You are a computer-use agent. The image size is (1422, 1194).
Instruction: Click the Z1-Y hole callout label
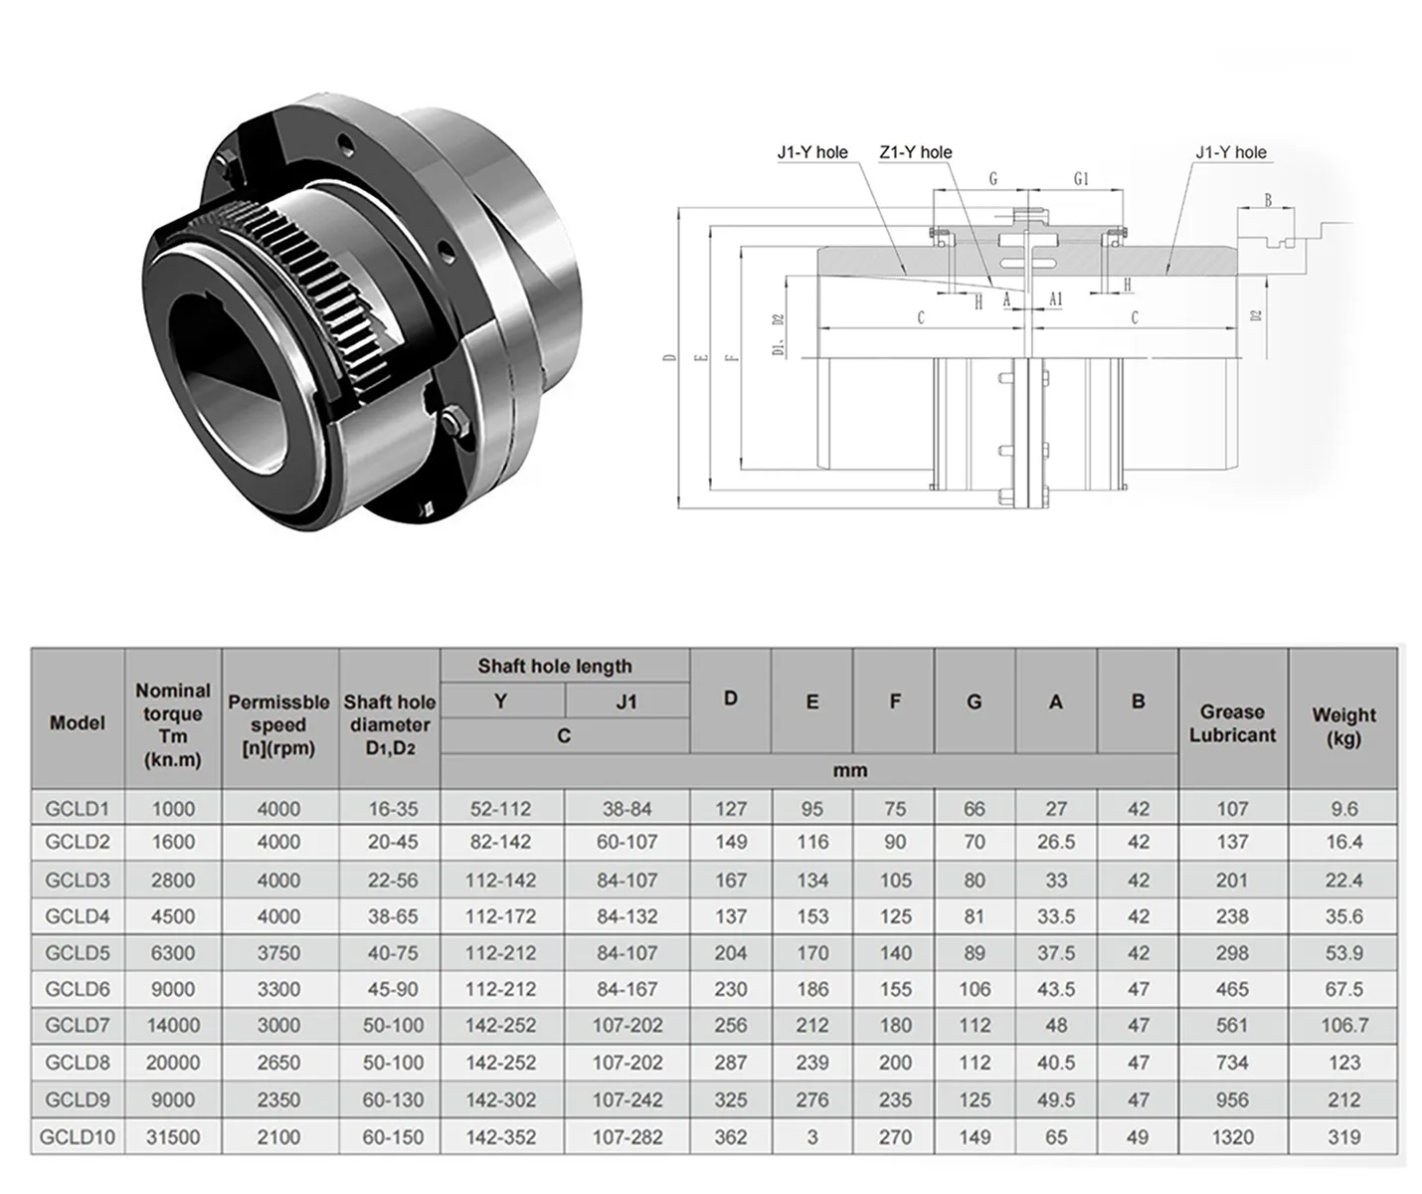tap(915, 152)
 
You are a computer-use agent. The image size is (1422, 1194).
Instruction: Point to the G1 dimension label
tap(1081, 179)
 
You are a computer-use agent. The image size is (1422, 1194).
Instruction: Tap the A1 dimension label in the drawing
tap(1055, 298)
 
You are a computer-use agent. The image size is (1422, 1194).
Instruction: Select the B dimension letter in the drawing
tap(1268, 200)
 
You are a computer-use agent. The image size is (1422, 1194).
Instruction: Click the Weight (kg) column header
tap(1342, 726)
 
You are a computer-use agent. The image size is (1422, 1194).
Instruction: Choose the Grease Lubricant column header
tap(1232, 723)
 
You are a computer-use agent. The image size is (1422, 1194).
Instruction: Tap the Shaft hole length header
tap(554, 666)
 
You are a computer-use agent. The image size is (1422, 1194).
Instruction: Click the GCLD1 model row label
tap(78, 808)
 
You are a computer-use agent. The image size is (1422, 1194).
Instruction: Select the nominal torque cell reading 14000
tap(173, 1025)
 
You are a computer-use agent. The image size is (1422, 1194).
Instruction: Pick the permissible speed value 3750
tap(278, 952)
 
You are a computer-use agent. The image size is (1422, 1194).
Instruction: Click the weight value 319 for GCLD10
tap(1343, 1136)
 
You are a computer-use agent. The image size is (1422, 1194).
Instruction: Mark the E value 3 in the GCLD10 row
tap(811, 1136)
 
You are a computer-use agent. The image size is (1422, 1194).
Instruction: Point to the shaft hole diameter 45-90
tap(392, 989)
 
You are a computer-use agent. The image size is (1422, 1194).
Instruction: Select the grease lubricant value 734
tap(1231, 1063)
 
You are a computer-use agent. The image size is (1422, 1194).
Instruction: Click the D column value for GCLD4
tap(730, 916)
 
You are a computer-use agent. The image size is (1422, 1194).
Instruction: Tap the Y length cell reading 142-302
tap(500, 1099)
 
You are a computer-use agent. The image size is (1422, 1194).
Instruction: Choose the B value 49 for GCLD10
tap(1138, 1136)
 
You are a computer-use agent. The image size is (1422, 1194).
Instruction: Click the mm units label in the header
tap(850, 770)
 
